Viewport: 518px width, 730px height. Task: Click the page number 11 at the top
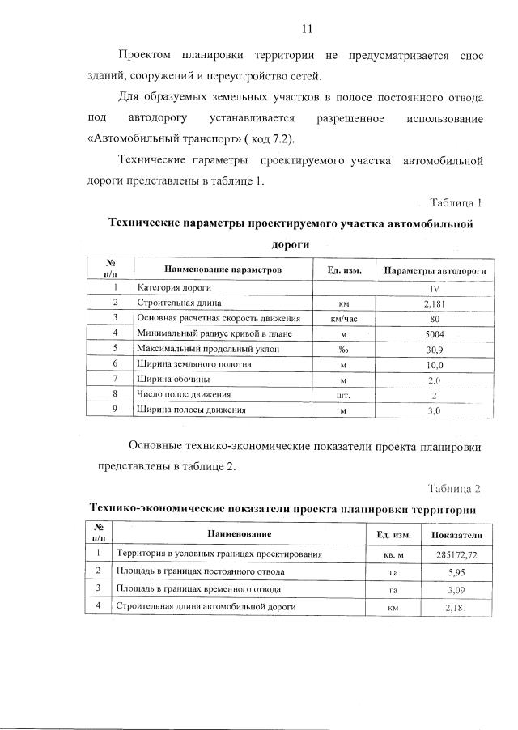click(307, 29)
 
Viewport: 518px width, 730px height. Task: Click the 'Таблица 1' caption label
click(456, 202)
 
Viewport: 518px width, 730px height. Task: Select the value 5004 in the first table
click(435, 333)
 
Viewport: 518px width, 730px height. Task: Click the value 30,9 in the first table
click(435, 349)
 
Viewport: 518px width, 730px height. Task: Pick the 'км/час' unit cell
click(344, 318)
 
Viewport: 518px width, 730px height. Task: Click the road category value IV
click(435, 288)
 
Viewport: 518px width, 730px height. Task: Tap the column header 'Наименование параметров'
click(222, 268)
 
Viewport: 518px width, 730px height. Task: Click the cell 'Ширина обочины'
click(174, 380)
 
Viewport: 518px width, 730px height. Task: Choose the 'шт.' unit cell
click(344, 395)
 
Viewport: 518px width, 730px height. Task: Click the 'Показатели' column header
click(456, 535)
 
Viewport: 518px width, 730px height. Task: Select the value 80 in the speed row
click(435, 318)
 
